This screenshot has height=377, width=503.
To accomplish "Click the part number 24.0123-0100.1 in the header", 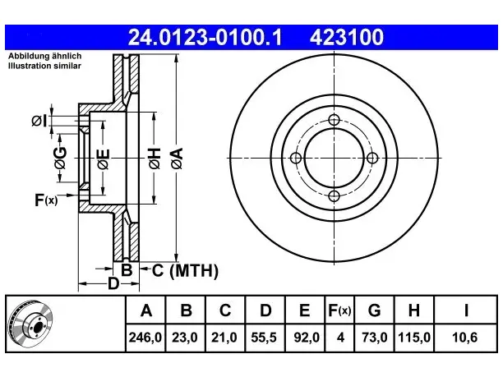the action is [x=205, y=37].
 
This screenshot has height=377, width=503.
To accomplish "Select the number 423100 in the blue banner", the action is [x=347, y=37].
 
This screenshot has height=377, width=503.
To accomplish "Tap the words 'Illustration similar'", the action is [x=44, y=66].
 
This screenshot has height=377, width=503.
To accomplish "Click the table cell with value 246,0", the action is [x=145, y=338].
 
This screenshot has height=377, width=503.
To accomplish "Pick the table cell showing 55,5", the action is [x=265, y=338].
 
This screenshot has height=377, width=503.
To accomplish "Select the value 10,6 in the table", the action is [x=464, y=338].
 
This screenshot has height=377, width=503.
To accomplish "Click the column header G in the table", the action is [x=374, y=310].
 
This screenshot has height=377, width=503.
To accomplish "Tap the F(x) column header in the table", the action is [x=339, y=310].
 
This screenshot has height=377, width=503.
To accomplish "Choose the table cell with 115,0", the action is [x=413, y=338].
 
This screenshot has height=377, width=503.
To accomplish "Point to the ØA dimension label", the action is [x=177, y=159].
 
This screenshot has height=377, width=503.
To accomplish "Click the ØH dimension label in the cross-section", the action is [x=155, y=159].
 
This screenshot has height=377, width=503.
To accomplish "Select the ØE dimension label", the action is [x=104, y=159].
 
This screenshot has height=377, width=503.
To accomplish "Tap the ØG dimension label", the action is [x=60, y=158].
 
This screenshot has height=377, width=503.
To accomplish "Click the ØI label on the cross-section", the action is [x=39, y=121].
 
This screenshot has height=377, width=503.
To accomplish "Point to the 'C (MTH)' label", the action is [x=185, y=270].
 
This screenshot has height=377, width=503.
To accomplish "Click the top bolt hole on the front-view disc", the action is [x=334, y=120].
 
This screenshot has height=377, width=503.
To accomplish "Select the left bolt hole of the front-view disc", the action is [x=296, y=158].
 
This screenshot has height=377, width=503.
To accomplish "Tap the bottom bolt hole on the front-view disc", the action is [x=334, y=195].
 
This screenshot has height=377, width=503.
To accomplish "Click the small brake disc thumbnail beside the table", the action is [x=30, y=323].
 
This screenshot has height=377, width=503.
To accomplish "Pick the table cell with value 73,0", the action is [x=374, y=338].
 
